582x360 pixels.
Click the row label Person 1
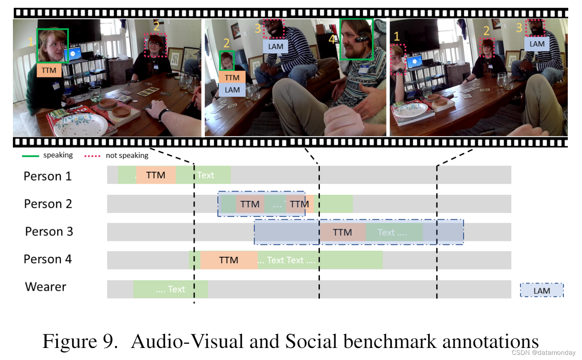(47, 176)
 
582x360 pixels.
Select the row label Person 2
(48, 204)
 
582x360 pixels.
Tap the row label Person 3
(49, 231)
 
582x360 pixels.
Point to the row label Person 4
(47, 259)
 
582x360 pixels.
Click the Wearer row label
(46, 286)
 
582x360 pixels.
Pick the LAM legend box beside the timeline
(542, 290)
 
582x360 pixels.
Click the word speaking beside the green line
(58, 155)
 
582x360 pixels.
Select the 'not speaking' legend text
(127, 155)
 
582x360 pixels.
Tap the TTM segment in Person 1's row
(155, 175)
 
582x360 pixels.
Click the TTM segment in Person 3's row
(342, 232)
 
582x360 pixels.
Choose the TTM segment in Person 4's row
(229, 260)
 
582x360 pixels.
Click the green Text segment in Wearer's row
(170, 289)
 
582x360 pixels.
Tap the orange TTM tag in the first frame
(49, 70)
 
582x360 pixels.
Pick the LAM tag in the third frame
(537, 44)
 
